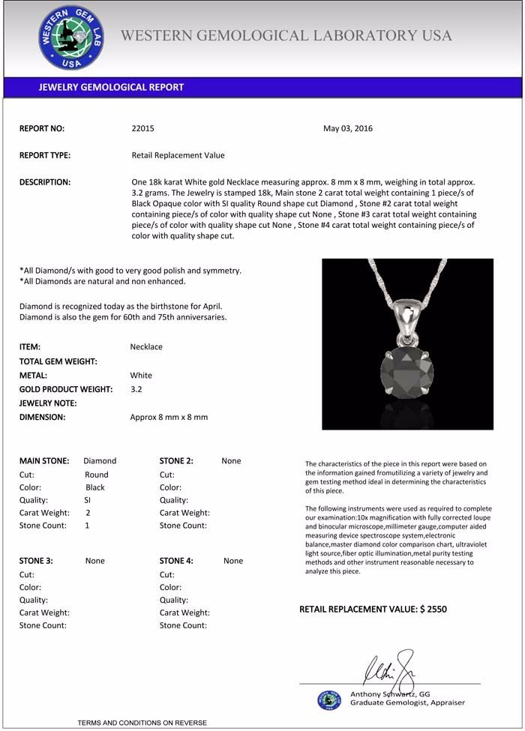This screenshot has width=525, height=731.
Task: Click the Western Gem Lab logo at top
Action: tap(70, 37)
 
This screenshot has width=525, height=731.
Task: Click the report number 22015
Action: tap(142, 128)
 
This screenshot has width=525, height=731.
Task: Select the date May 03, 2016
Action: tap(348, 128)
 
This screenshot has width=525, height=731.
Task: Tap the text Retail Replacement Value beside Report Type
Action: tap(178, 155)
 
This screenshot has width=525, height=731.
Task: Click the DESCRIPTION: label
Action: tap(45, 182)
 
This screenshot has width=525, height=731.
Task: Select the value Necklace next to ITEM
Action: tap(146, 347)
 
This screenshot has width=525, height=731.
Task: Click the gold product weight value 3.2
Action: tap(136, 389)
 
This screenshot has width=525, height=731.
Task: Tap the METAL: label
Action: tap(33, 375)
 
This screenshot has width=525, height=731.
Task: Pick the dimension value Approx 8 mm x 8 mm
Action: tap(169, 417)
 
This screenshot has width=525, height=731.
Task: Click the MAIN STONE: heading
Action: tap(44, 461)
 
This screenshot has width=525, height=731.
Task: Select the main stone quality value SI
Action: tap(88, 500)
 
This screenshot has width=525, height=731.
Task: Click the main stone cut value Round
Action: tap(97, 475)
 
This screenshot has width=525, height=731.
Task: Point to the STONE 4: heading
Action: tap(176, 561)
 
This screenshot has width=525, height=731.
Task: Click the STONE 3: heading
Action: tap(36, 561)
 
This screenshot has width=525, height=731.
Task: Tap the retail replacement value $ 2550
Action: tap(433, 610)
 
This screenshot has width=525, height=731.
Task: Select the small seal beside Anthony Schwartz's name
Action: tap(328, 700)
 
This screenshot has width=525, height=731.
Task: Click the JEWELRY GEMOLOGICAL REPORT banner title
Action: tap(111, 87)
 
